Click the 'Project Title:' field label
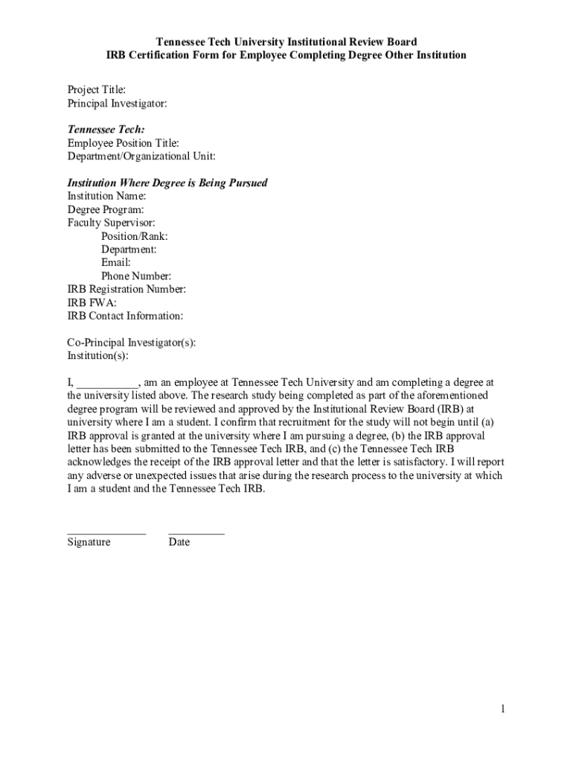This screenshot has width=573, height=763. coord(97,90)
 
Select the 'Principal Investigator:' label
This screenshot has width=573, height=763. coord(117,104)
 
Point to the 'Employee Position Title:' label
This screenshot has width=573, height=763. coord(124,143)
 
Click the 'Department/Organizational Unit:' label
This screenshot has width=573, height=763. coord(141,156)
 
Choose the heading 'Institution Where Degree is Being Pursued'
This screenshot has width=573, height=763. coord(167,183)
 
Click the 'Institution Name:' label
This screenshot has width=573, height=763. coord(107,196)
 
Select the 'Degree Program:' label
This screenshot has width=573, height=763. coord(106,209)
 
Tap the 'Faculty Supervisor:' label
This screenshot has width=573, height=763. coord(112,223)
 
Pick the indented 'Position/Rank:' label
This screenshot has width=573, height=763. coord(135,236)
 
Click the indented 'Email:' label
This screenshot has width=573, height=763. coord(116,262)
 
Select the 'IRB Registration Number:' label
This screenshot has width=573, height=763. coord(127,289)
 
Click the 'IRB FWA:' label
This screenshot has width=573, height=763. coord(92,303)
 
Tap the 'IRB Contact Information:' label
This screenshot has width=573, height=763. coord(126,316)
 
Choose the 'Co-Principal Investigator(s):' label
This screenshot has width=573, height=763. coord(132,343)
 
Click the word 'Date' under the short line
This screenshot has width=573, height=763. coord(179,542)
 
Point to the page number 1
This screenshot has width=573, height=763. coord(503,709)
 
